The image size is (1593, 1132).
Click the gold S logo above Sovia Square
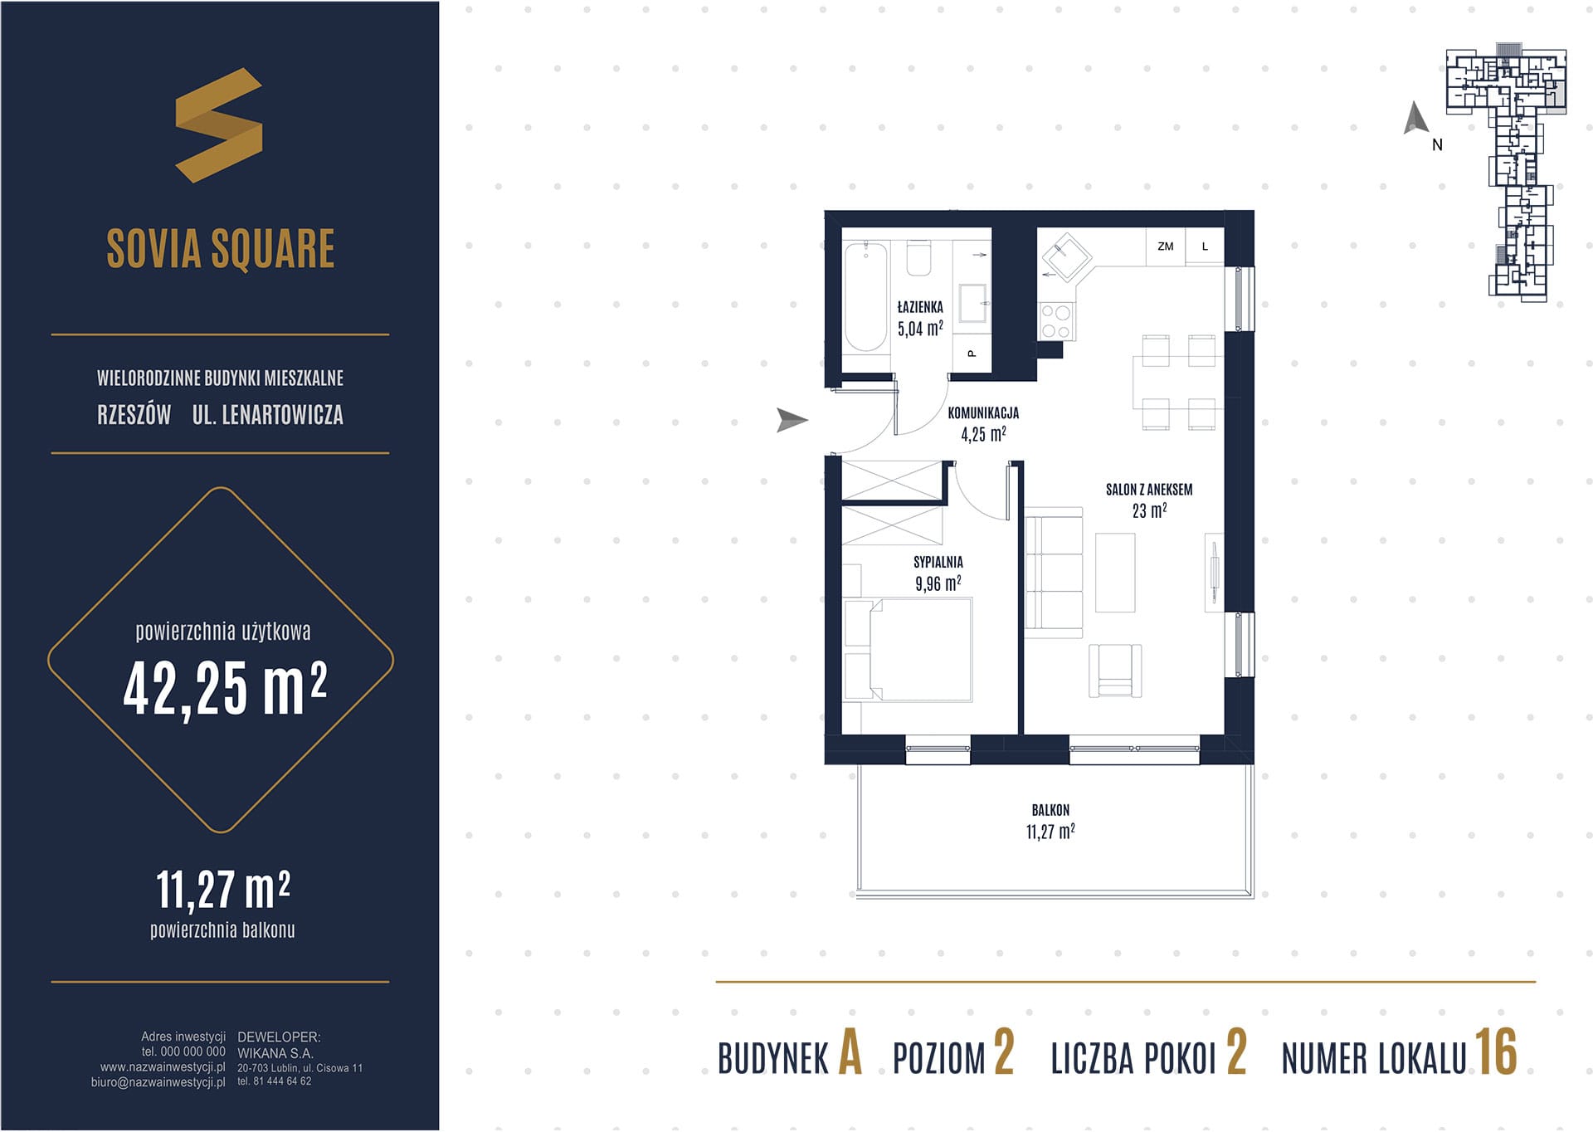point(219,124)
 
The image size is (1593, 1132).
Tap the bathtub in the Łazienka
point(865,296)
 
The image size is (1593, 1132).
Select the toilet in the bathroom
point(918,258)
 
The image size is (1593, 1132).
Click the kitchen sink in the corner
point(1066,256)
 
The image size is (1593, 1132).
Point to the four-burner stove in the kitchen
point(1056,321)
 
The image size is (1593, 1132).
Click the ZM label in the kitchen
point(1166,246)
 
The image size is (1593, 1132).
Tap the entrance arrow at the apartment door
point(792,420)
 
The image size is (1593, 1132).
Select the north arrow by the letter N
point(1415,118)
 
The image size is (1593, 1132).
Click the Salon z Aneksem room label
point(1149,490)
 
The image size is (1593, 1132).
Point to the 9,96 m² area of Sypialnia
point(938,583)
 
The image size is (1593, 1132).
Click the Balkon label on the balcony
point(1050,810)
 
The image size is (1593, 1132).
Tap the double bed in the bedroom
point(908,650)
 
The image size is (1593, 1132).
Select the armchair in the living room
point(1115,671)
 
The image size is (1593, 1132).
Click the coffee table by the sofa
point(1115,573)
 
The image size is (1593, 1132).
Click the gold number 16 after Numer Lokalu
point(1496,1051)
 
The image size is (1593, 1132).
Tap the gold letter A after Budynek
point(850,1051)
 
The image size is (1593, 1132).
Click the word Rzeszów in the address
point(134,414)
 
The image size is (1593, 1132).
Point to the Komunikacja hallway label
point(983,412)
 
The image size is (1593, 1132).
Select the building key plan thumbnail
point(1507,173)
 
